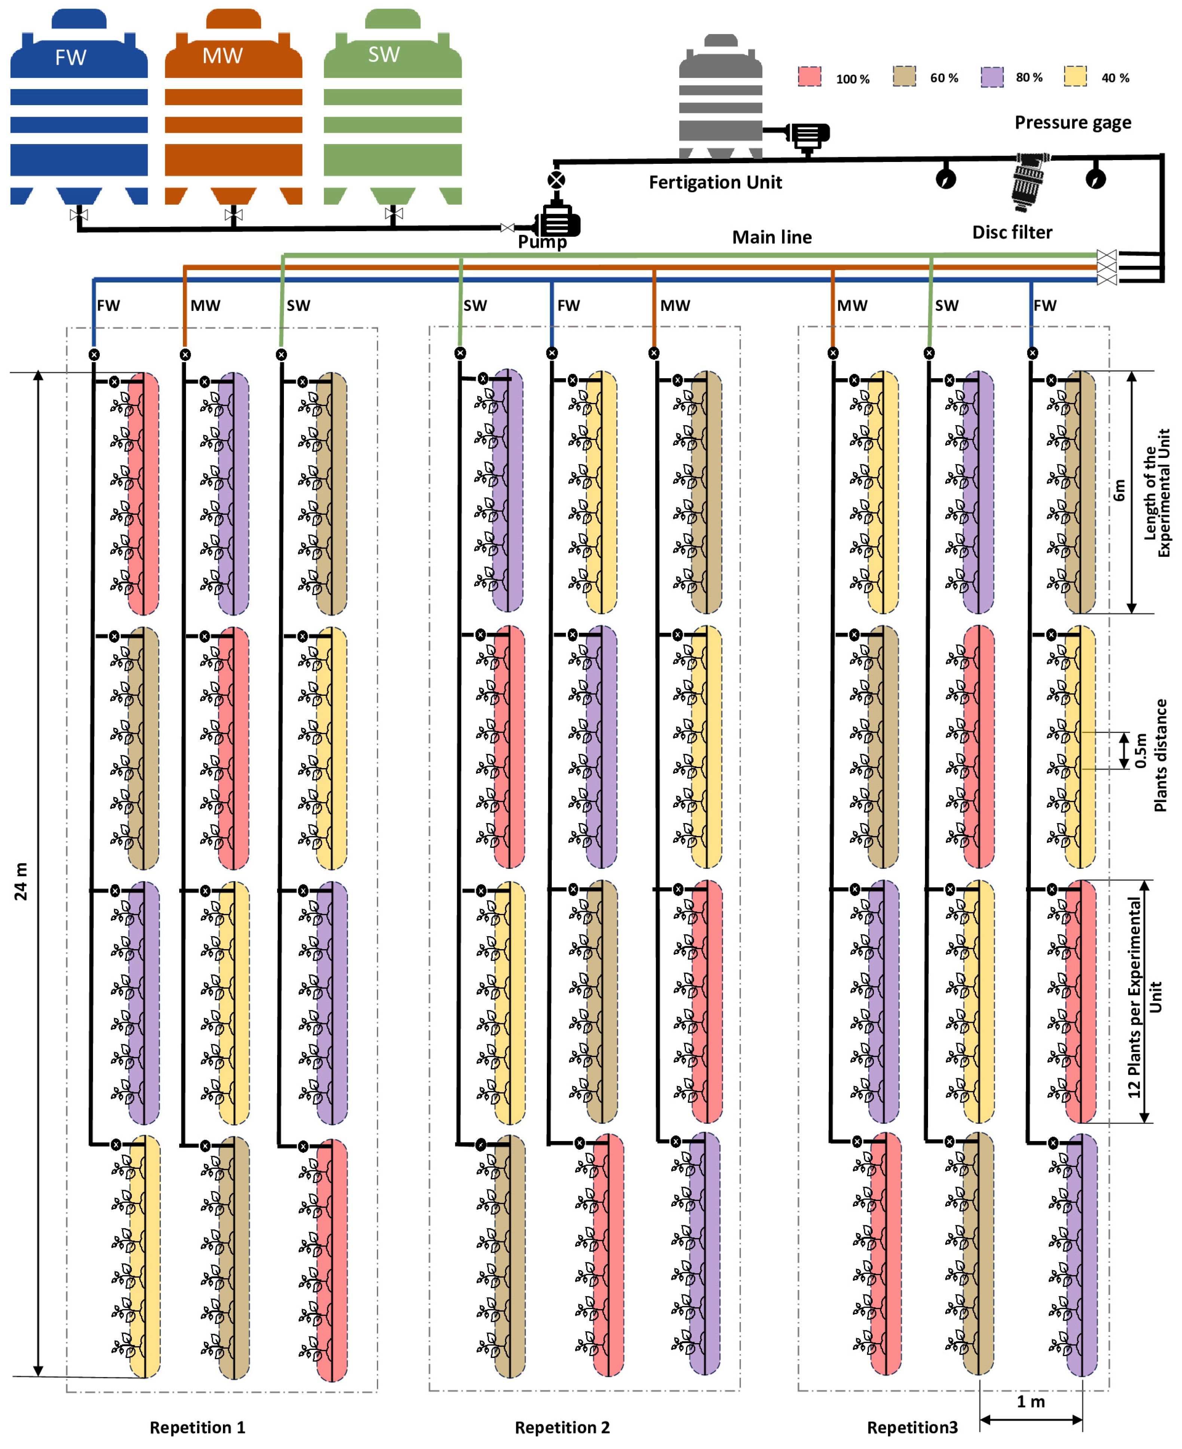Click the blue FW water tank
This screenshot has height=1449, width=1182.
79,109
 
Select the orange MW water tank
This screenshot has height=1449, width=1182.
233,109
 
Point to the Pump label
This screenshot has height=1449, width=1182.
542,242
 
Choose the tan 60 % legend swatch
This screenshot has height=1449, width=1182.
904,76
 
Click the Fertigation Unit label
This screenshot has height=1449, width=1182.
715,183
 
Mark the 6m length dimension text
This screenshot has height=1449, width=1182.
1119,490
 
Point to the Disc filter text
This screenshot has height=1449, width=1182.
1012,232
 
